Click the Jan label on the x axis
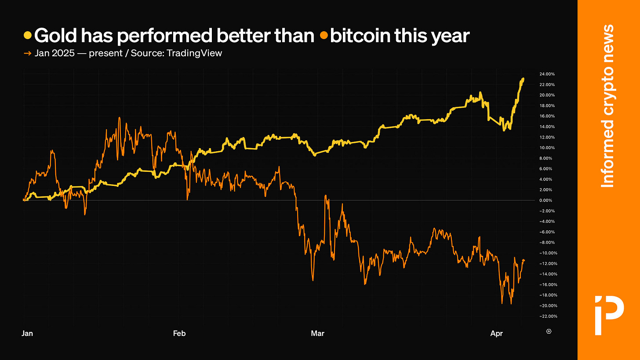27,334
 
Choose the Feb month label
179,334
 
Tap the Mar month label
317,334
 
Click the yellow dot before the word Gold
27,35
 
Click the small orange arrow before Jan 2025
27,53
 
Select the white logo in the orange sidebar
608,315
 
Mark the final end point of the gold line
524,79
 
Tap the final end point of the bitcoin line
524,260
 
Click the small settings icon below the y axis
549,331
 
